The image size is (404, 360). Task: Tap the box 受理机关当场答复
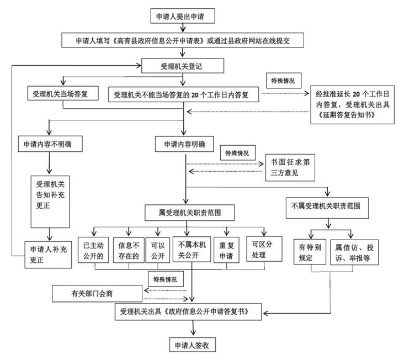point(62,94)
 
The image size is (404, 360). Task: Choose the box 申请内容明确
point(184,144)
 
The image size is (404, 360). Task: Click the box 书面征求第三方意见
point(290,168)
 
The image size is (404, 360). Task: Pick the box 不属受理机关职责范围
point(326,205)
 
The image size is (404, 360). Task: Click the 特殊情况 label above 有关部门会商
point(165,279)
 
